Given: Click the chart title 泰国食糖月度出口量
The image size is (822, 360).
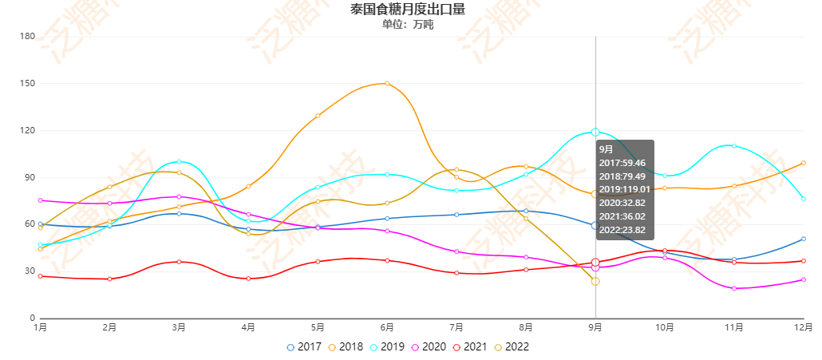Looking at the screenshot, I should [407, 10].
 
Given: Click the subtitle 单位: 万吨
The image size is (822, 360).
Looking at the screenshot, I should [407, 25].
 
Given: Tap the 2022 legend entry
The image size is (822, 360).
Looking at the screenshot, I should [511, 347].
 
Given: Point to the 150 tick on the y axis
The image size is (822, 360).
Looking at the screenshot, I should [26, 83].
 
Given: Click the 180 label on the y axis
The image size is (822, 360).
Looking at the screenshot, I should [26, 36].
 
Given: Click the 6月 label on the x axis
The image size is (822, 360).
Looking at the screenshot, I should [387, 327].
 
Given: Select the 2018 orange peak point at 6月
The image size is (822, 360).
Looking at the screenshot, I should [387, 83].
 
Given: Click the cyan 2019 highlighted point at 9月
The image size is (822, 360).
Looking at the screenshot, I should [595, 132].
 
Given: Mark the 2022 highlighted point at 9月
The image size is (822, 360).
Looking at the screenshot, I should [595, 281].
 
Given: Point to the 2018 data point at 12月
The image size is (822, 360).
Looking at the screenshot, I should [804, 163].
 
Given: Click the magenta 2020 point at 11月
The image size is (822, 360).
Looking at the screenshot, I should [734, 288].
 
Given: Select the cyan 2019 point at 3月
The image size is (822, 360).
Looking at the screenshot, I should [179, 161].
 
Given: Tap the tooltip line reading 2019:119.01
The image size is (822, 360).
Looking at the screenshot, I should [623, 188].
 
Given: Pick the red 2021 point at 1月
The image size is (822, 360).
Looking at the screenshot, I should [40, 276].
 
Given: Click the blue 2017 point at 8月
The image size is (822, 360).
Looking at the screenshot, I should [526, 211].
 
